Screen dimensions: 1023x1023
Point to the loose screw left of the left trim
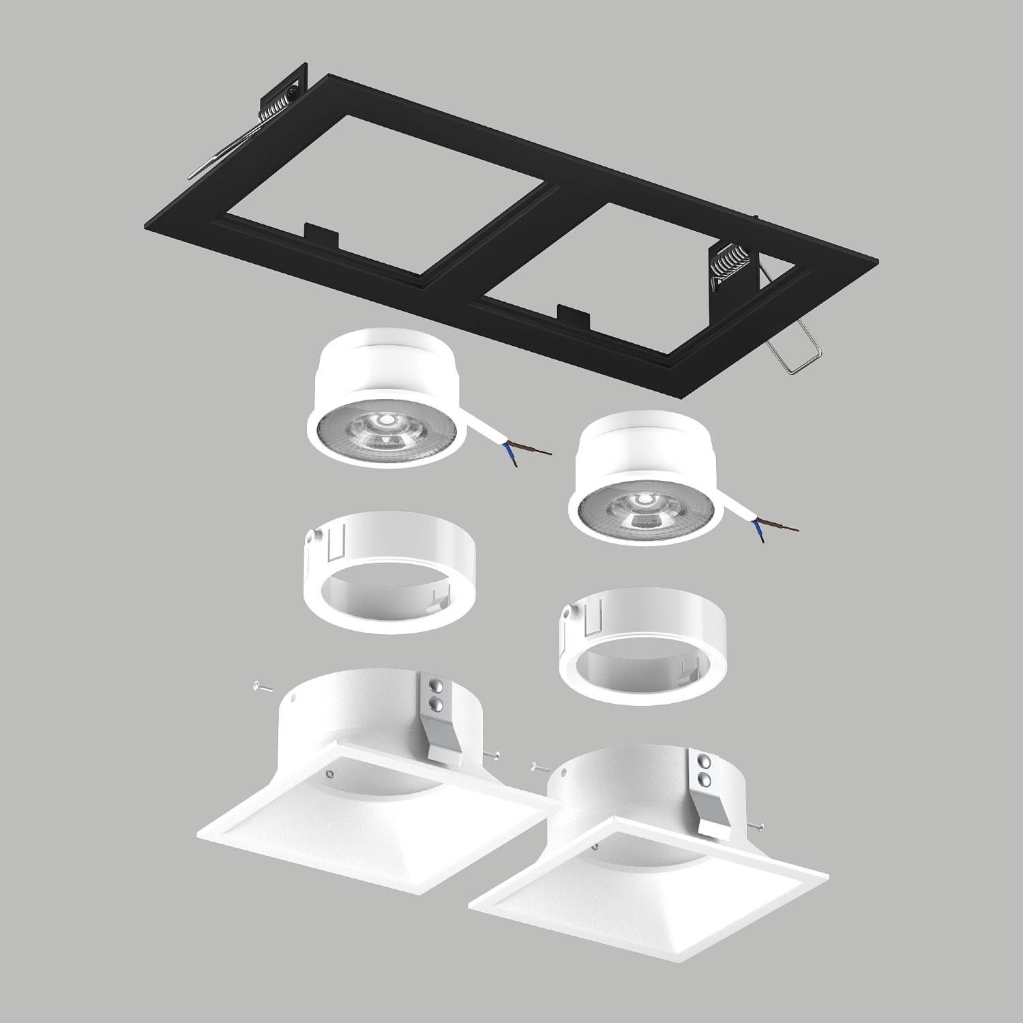pos(259,687)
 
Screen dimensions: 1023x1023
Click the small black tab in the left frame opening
pos(321,236)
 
